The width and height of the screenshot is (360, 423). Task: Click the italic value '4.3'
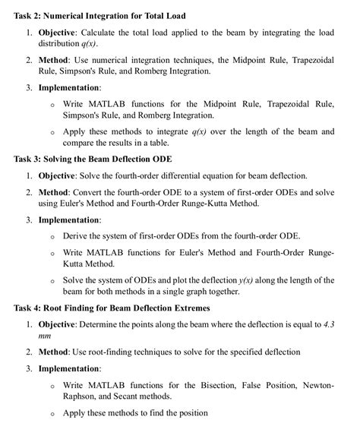326,324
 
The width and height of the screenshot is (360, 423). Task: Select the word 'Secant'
127,396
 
